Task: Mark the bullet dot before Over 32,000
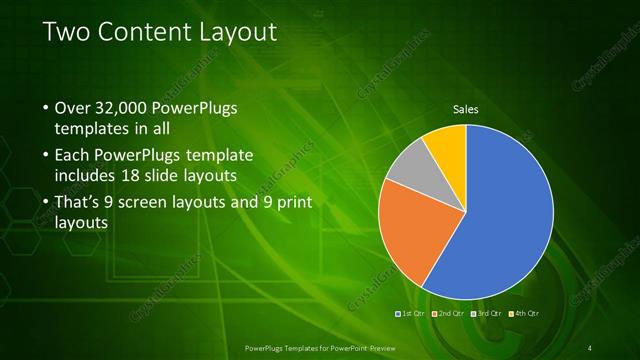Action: tap(46, 108)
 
